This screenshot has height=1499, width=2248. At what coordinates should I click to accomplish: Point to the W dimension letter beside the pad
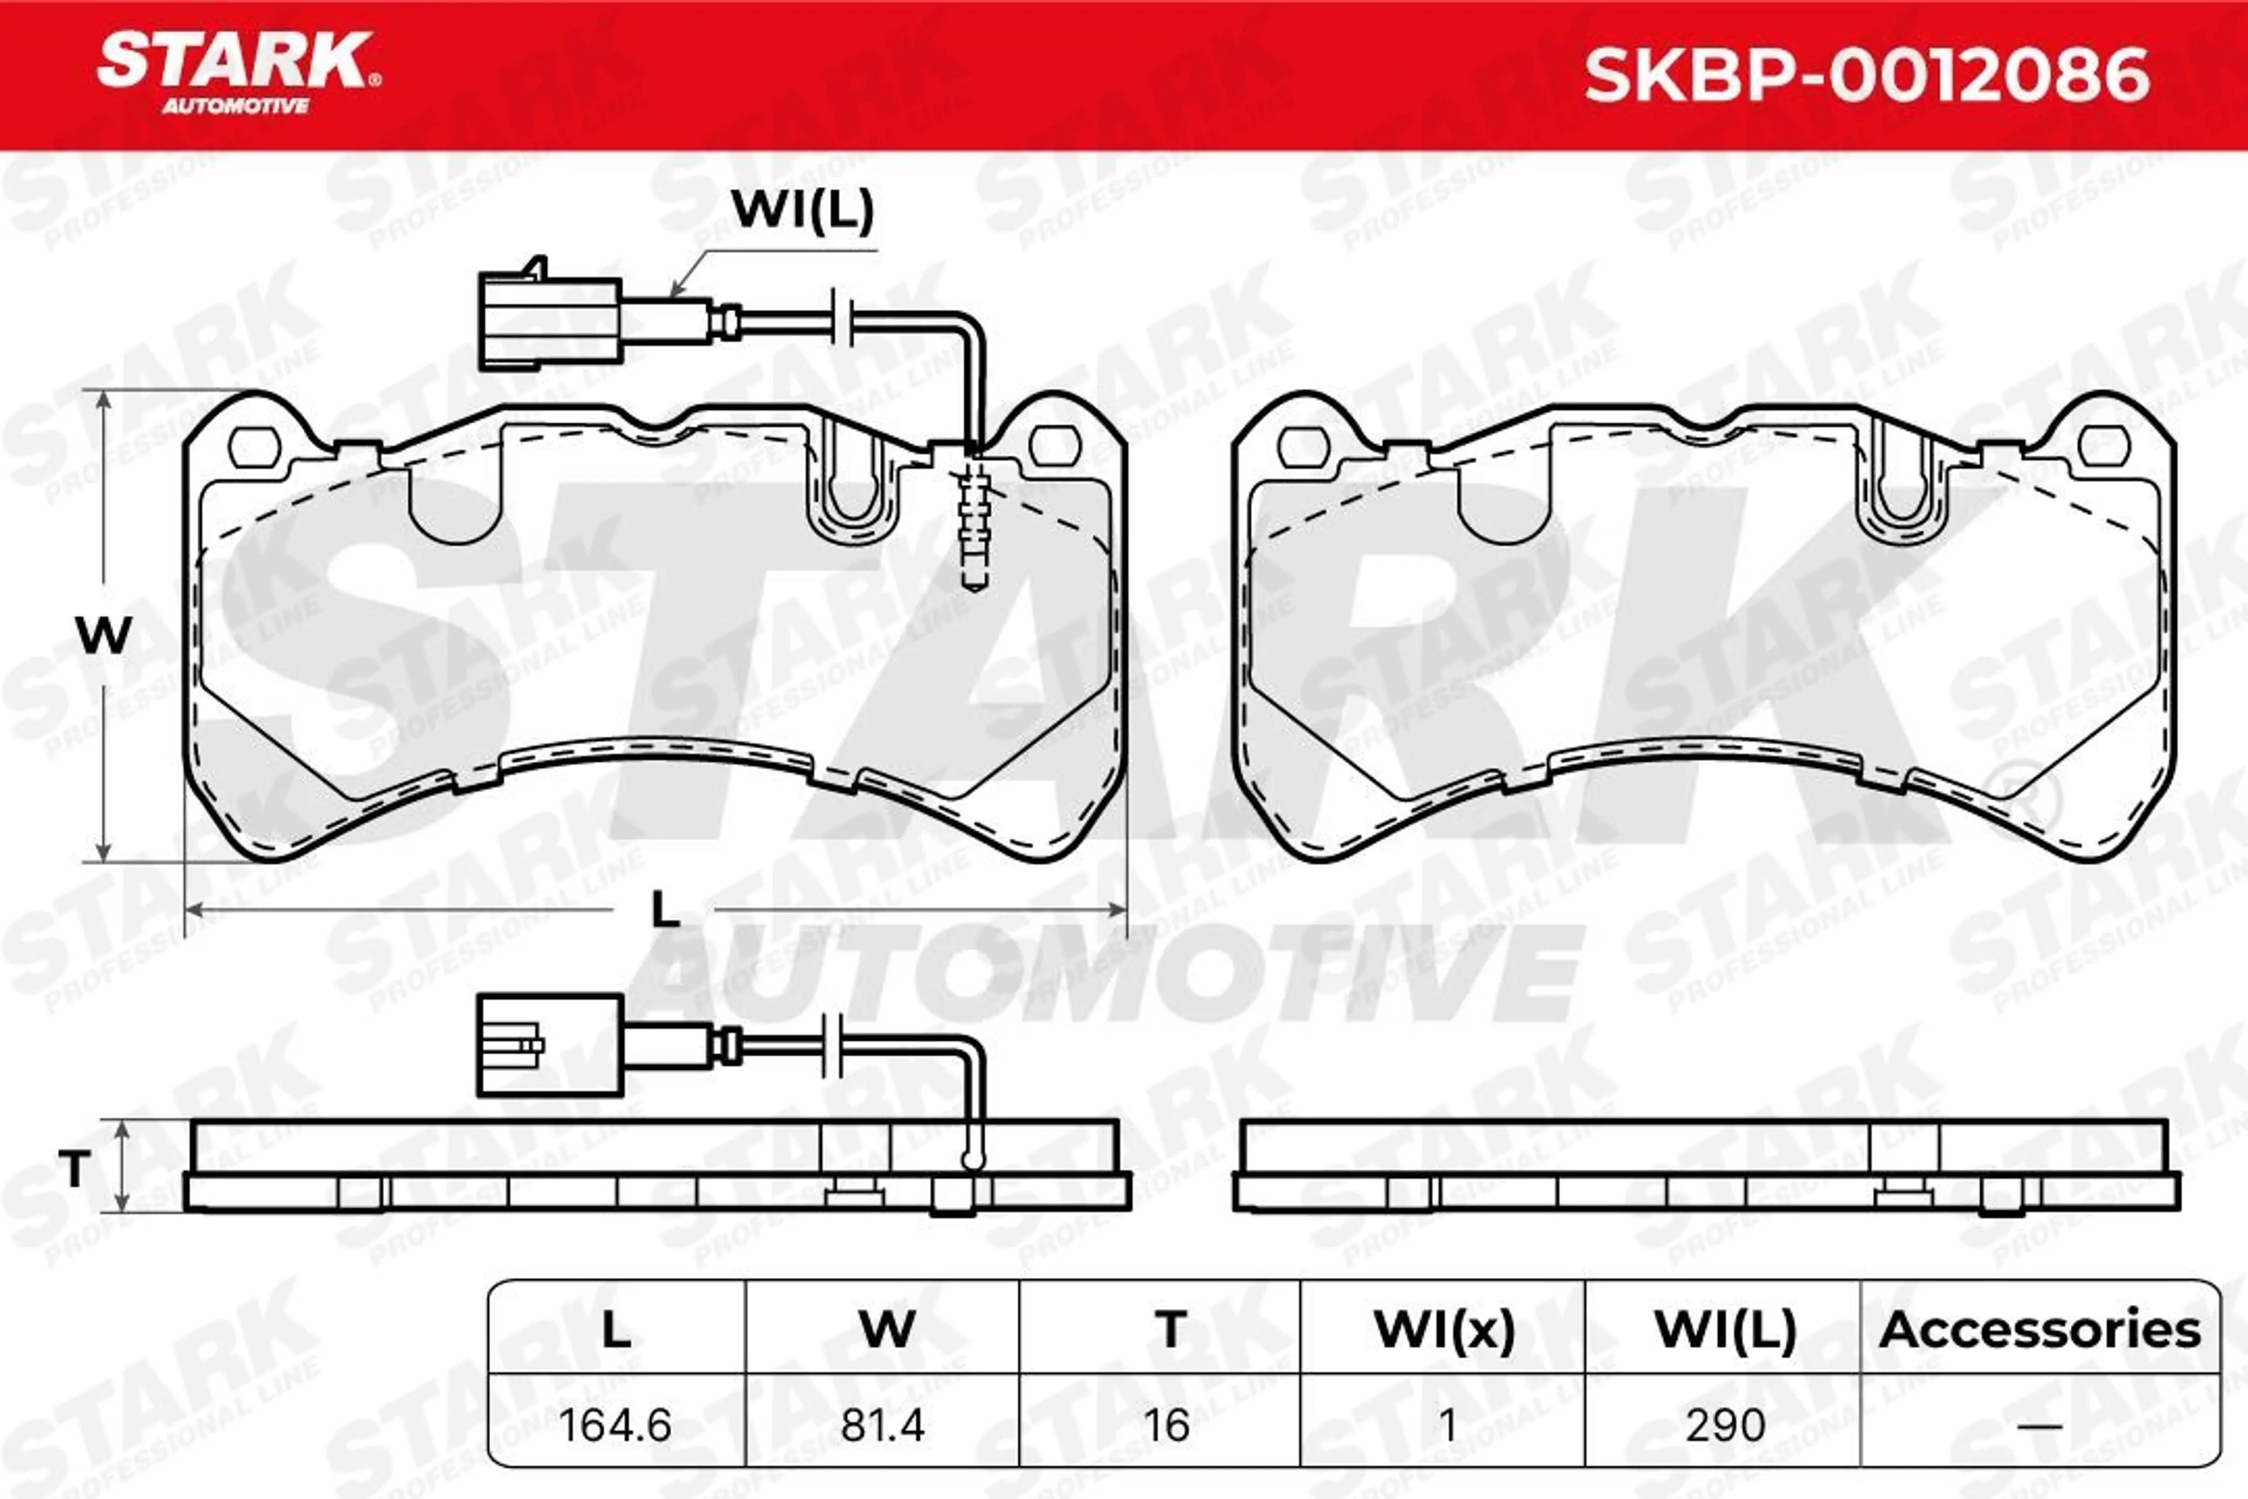click(x=103, y=635)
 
